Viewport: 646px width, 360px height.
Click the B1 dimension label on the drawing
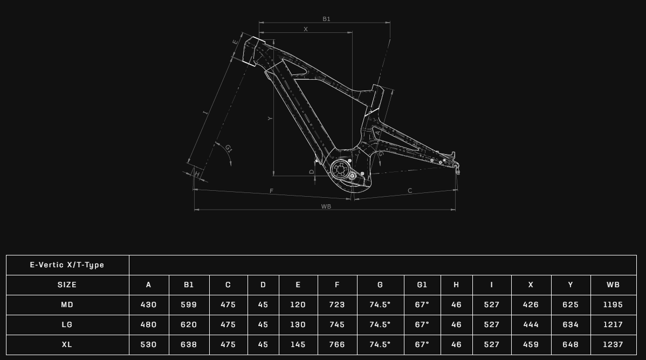[x=326, y=19]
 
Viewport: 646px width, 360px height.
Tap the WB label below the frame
[x=326, y=206]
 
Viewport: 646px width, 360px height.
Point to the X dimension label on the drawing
[x=306, y=29]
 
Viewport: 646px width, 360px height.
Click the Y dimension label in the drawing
[x=270, y=119]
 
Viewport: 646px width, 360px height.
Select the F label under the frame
[x=271, y=191]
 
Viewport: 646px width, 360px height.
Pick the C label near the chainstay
[x=410, y=190]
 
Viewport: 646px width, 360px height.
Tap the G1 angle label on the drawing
[x=228, y=148]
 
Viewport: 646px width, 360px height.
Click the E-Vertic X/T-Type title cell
[x=67, y=265]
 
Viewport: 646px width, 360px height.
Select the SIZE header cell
[x=67, y=285]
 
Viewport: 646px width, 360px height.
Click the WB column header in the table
[x=613, y=285]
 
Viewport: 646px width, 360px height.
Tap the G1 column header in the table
[x=422, y=285]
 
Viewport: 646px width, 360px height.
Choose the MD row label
[x=67, y=305]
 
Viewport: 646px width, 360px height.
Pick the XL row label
[x=67, y=344]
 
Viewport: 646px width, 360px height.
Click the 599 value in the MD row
[x=189, y=305]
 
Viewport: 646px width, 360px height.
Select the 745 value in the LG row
[x=337, y=324]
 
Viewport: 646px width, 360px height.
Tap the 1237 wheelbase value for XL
[x=613, y=344]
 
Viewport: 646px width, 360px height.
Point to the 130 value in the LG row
[x=298, y=324]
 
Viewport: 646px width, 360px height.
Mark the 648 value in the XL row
[x=571, y=344]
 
